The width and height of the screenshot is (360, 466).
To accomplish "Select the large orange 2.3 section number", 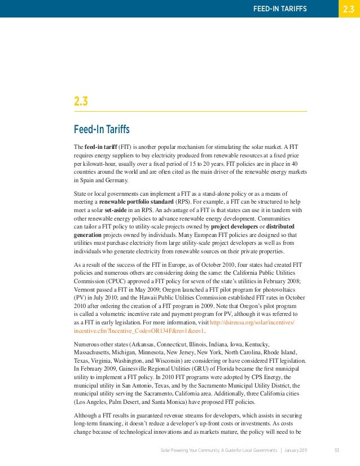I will pos(81,102).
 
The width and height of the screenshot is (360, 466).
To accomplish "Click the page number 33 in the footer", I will pos(337,450).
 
